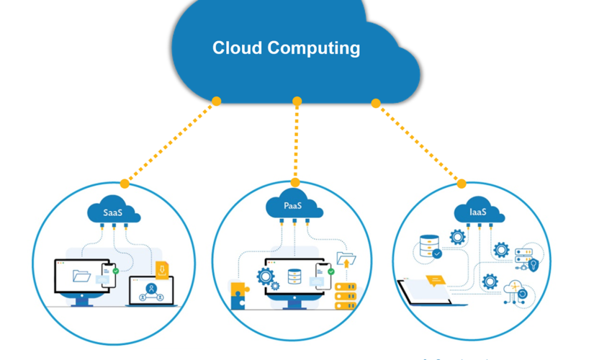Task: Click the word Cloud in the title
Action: click(238, 48)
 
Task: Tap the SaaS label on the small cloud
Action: click(113, 212)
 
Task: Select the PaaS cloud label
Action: click(293, 207)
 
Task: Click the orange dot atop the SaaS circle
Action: click(125, 184)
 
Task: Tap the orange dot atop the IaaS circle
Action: click(462, 184)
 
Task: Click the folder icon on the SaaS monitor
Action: click(81, 275)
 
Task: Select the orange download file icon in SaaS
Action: click(163, 271)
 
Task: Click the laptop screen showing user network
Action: click(151, 290)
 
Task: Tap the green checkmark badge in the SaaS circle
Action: click(115, 272)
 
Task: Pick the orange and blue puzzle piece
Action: click(238, 295)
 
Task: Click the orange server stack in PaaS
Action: click(346, 295)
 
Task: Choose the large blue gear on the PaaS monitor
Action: click(265, 275)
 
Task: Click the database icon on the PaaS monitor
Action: click(294, 276)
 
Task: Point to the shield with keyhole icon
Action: click(534, 265)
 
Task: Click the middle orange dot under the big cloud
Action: click(297, 102)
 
